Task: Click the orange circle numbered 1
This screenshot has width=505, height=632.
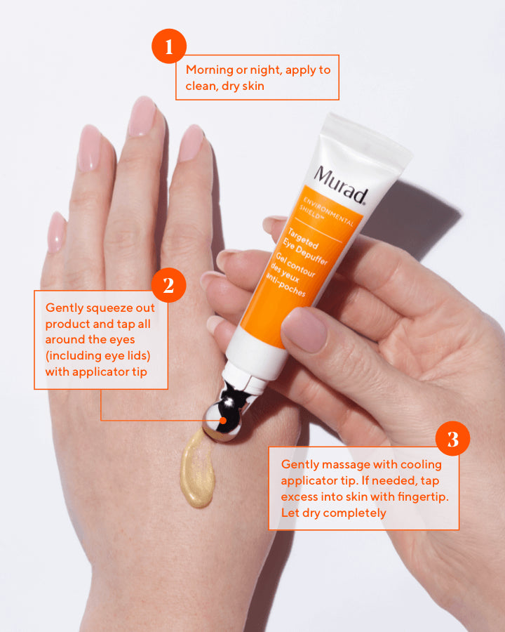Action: click(x=169, y=46)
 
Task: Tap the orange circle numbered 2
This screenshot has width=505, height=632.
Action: click(x=169, y=285)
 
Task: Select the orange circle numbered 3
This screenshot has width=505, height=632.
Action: click(x=452, y=438)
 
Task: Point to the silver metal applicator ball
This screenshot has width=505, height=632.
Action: click(x=221, y=421)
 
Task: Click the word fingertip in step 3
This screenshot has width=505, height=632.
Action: click(x=423, y=497)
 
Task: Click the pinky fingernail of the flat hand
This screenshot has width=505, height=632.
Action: click(x=56, y=232)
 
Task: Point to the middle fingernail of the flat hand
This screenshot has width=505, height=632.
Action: click(x=142, y=117)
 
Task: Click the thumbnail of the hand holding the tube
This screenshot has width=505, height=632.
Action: click(x=304, y=329)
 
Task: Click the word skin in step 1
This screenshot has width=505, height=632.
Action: click(x=253, y=86)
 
